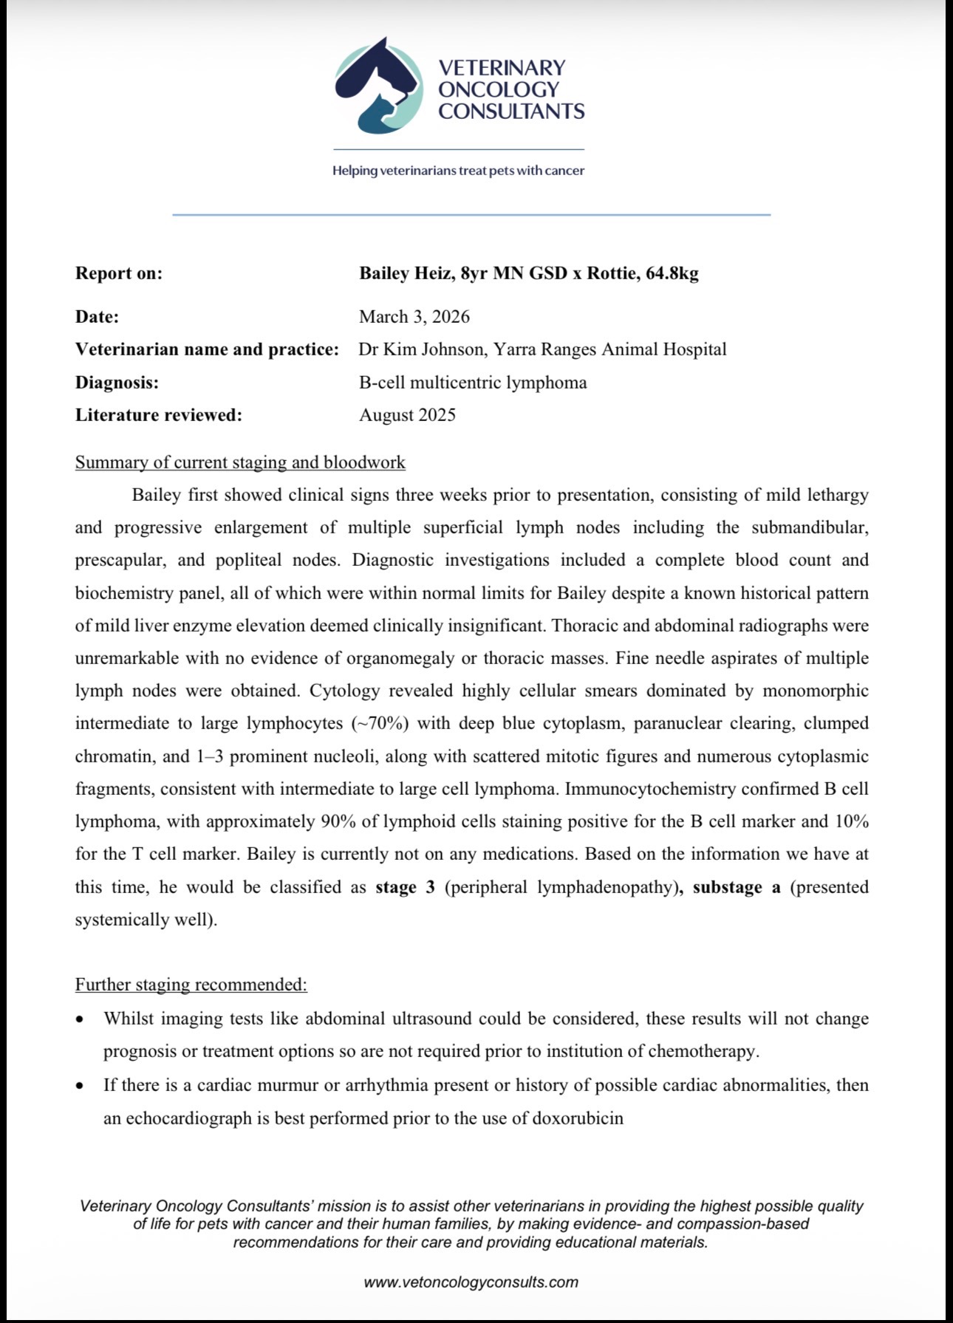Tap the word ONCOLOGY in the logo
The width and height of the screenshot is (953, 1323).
(499, 89)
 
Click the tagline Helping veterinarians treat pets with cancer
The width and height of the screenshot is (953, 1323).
(458, 171)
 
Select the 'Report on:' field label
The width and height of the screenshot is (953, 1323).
(119, 273)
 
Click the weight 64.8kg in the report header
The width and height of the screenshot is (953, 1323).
(672, 273)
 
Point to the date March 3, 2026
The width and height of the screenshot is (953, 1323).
(414, 317)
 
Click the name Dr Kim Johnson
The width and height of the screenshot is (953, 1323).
(420, 349)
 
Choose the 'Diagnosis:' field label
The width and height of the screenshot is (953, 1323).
(117, 383)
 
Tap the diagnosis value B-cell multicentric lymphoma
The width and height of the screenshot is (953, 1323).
(473, 383)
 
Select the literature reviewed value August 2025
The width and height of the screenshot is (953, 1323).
(407, 415)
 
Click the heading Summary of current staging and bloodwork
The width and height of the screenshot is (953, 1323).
(240, 462)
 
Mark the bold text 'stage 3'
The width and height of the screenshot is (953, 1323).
(405, 887)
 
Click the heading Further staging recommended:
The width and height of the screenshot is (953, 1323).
(191, 985)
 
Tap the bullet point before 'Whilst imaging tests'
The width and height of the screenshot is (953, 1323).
(81, 1019)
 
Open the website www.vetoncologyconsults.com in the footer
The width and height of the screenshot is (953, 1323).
(471, 1282)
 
